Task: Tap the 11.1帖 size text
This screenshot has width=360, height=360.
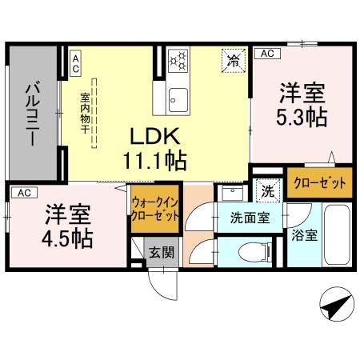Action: (154, 161)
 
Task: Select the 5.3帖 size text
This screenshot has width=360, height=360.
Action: (301, 117)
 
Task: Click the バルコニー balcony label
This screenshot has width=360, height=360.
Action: (33, 112)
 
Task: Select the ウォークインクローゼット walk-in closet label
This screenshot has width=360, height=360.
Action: (154, 209)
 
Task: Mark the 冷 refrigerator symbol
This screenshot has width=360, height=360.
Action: (234, 60)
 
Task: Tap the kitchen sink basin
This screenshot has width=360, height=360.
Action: (178, 100)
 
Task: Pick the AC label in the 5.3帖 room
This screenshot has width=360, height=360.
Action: (266, 53)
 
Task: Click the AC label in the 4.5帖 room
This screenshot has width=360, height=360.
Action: (23, 192)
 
